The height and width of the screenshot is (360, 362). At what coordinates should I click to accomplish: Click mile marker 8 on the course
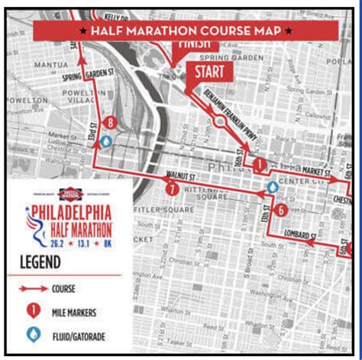[x=112, y=123]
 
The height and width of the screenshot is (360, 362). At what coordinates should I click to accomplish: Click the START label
[x=208, y=72]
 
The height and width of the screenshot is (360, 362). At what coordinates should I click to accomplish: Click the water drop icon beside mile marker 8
[x=107, y=141]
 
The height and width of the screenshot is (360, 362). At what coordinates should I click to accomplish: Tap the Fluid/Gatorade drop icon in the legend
[x=33, y=334]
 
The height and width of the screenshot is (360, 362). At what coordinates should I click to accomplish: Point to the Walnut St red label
[x=177, y=176]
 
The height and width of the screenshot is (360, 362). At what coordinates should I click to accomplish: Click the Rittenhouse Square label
[x=202, y=191]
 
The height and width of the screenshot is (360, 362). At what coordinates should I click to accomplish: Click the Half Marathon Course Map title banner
[x=186, y=31]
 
